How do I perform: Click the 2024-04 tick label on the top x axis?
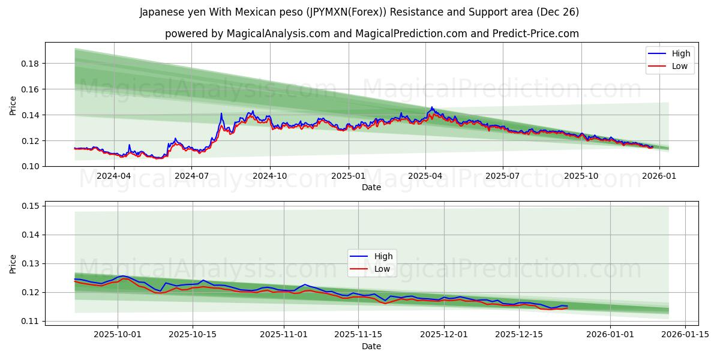coord(113,176)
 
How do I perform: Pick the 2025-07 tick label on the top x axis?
coord(502,176)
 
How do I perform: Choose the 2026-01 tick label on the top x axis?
coord(659,176)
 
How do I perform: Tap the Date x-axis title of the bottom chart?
coord(371,346)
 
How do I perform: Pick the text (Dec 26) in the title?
coord(558,12)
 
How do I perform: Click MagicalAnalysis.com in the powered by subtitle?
coord(278,34)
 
